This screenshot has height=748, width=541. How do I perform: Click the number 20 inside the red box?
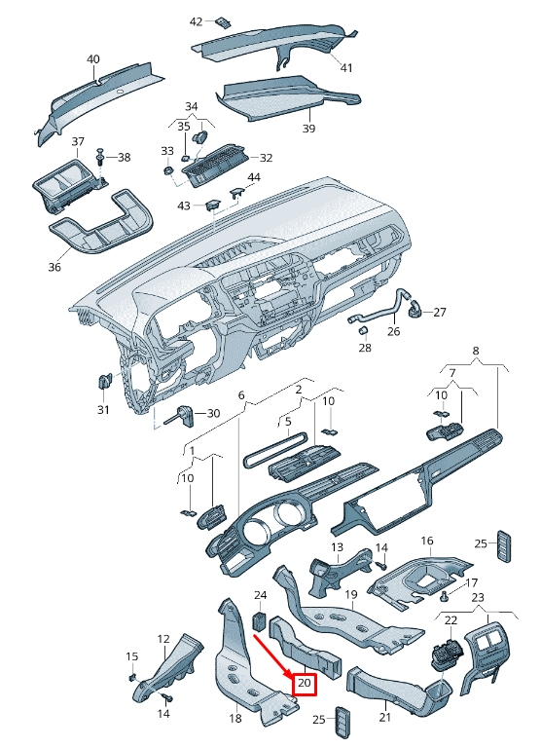[x=306, y=685]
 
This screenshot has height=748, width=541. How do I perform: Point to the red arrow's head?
[x=294, y=677]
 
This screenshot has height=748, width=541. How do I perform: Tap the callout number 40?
[x=93, y=59]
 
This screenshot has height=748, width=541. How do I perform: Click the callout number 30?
[x=214, y=414]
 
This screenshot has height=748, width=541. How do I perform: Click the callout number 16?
[x=426, y=541]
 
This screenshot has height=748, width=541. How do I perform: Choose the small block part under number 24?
[x=260, y=620]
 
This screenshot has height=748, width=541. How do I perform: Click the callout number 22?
[x=451, y=619]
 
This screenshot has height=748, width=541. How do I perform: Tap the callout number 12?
[x=163, y=638]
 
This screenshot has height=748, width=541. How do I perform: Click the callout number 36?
[x=54, y=267]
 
